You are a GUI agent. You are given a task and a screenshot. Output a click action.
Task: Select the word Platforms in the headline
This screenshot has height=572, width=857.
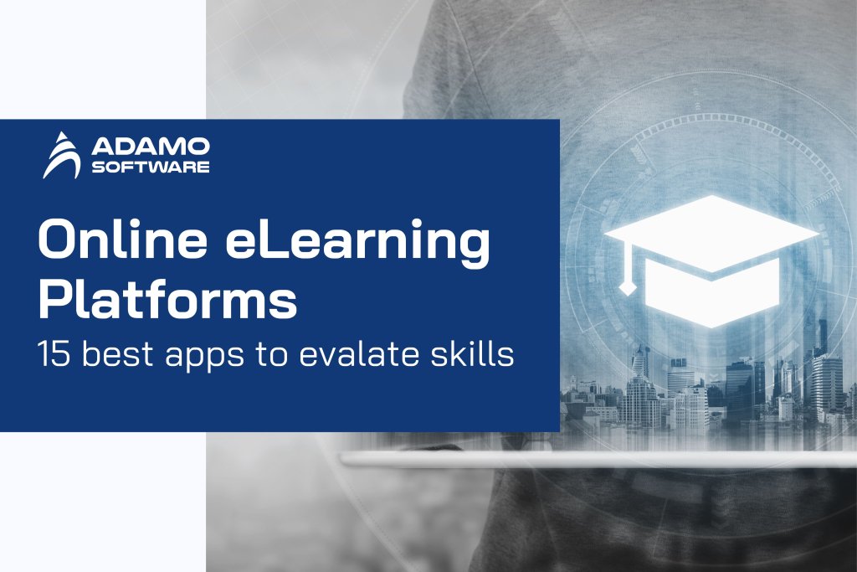(167, 301)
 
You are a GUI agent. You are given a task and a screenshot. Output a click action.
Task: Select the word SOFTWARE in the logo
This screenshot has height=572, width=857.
(151, 167)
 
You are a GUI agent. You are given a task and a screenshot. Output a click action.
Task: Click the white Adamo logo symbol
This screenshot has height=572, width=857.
(64, 155)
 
